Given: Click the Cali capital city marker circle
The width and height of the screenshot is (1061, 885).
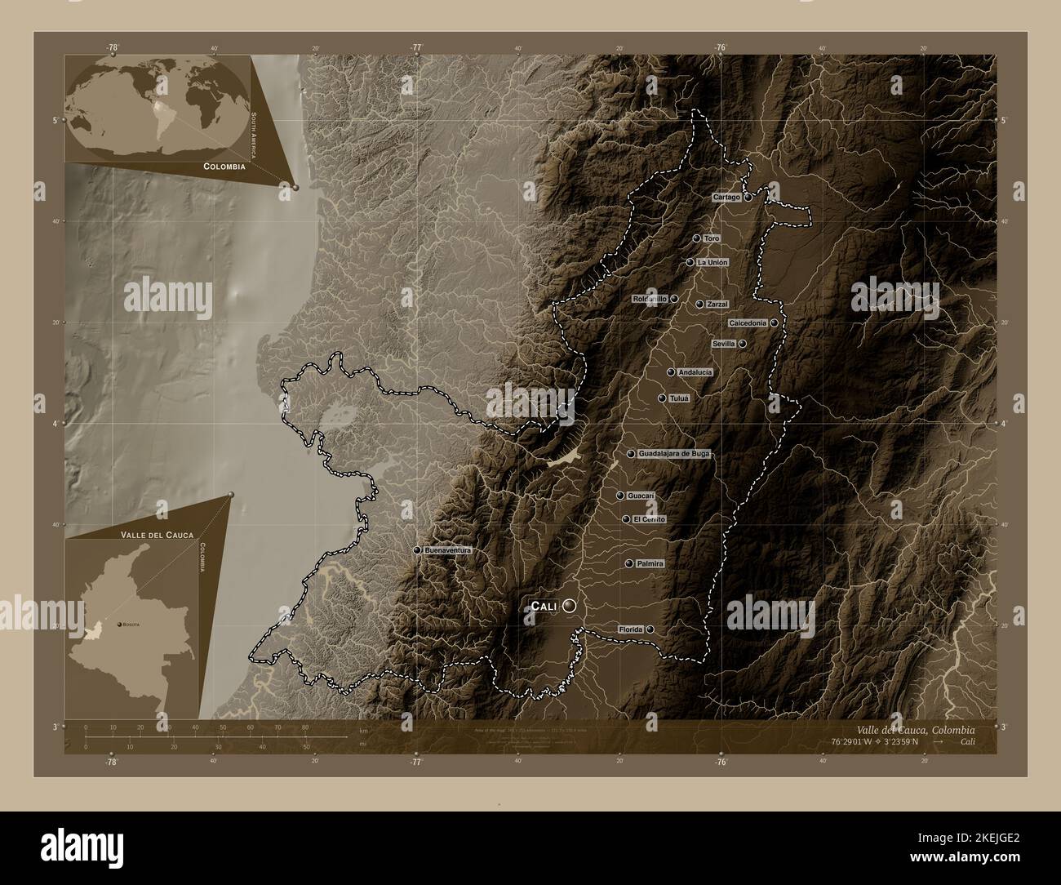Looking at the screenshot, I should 569,606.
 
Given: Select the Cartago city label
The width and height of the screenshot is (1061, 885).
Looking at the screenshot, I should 726,198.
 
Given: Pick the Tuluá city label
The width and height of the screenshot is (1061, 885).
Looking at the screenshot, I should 679,398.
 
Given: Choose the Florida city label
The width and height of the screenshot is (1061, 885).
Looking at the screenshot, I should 630,629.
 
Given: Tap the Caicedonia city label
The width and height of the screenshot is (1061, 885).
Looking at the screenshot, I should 747,323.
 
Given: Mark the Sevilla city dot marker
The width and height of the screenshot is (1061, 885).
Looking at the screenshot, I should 743,345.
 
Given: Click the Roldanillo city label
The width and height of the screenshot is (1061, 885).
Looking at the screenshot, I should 650,300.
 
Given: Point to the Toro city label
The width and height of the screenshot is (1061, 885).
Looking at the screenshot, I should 712,238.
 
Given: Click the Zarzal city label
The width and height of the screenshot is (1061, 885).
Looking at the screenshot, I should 717,304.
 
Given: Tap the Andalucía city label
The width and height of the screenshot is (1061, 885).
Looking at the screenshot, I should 695,372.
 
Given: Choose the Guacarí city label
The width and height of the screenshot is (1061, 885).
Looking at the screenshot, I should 641,496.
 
